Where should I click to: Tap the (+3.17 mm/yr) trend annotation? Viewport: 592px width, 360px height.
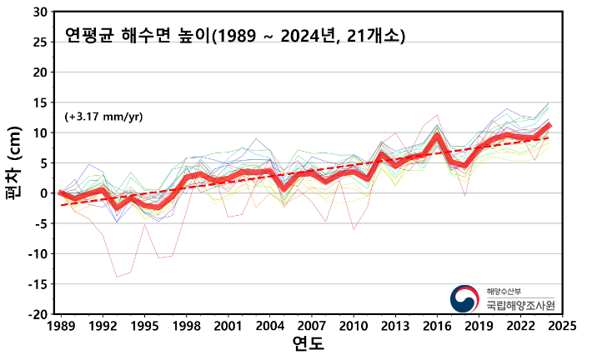(x=103, y=117)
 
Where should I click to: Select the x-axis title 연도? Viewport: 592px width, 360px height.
(x=309, y=343)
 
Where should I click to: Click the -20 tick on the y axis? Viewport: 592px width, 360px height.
(x=38, y=314)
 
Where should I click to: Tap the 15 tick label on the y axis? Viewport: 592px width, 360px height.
(x=42, y=102)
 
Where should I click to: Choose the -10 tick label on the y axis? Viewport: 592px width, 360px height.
(x=38, y=254)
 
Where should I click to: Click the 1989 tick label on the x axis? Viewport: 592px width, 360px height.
(x=60, y=326)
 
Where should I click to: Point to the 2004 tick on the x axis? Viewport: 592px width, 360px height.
(x=270, y=326)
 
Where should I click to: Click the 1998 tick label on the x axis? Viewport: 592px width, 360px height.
(x=186, y=326)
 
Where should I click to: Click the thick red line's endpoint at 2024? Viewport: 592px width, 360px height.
(x=549, y=125)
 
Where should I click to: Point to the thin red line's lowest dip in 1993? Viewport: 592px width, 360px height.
(x=117, y=277)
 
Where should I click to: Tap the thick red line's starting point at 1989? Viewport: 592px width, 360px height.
(x=60, y=193)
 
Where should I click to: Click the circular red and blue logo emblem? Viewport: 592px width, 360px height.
(x=465, y=299)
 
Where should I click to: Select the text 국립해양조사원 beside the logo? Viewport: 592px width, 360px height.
(x=520, y=305)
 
